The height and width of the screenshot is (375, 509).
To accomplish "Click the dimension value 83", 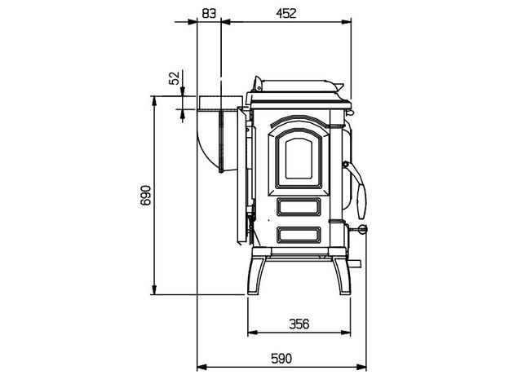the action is tap(209, 13).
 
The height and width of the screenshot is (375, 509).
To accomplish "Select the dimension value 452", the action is tap(286, 13).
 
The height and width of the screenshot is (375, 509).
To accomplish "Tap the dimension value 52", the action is tap(175, 78).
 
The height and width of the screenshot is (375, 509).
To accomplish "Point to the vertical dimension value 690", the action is tap(146, 196).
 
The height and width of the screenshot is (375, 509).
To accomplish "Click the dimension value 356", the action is tap(299, 324).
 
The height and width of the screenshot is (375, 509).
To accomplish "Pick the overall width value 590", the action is tap(281, 358).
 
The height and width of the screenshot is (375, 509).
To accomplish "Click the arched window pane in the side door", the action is tap(299, 158).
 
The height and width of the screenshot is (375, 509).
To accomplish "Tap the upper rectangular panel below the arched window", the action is tap(299, 207).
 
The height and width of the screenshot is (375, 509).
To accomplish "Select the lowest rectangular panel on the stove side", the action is tap(299, 235).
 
